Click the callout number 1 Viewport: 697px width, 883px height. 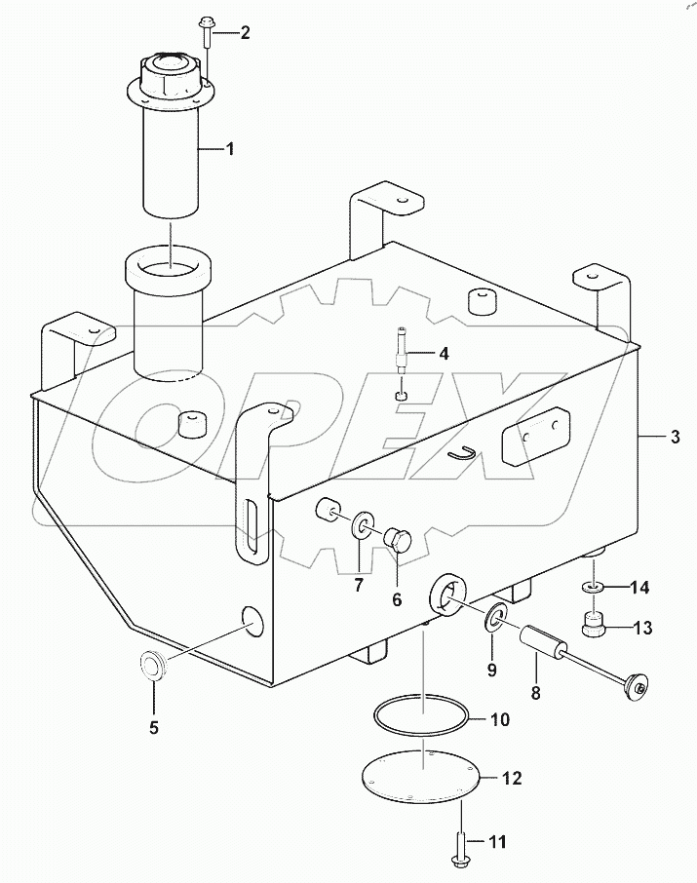coord(230,149)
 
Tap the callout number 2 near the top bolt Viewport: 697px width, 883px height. coord(245,32)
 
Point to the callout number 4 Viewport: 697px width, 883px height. coord(443,354)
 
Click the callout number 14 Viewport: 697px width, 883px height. coord(639,588)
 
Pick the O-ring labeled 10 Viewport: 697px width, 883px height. coord(422,722)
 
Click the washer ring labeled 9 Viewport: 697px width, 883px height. coord(494,617)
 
